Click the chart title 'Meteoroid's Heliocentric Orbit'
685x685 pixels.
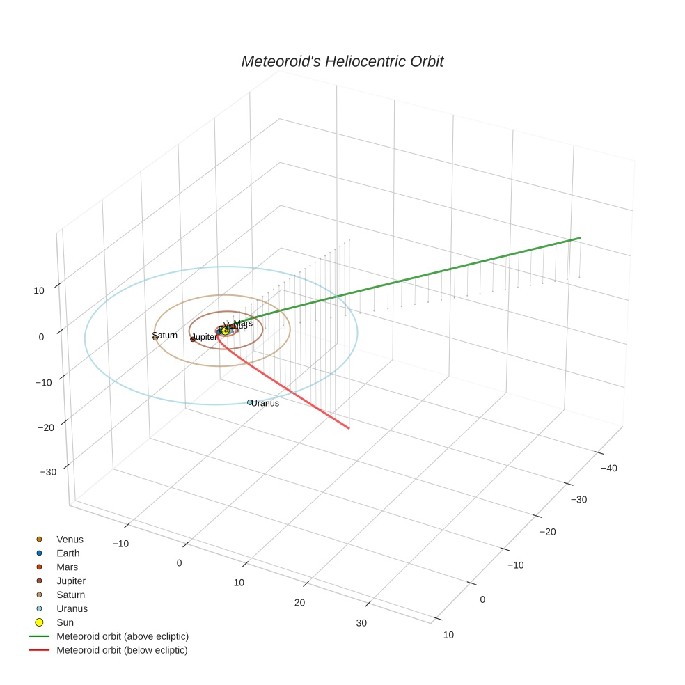pyautogui.click(x=342, y=61)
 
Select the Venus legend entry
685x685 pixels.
pyautogui.click(x=70, y=540)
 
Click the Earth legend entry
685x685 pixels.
pyautogui.click(x=68, y=553)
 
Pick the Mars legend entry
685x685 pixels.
pyautogui.click(x=67, y=567)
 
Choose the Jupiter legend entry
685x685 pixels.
pyautogui.click(x=71, y=581)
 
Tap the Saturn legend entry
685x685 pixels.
pyautogui.click(x=70, y=595)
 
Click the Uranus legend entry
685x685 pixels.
pyautogui.click(x=72, y=608)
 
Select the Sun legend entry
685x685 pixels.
pyautogui.click(x=65, y=622)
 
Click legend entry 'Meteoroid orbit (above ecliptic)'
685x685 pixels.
pyautogui.click(x=122, y=636)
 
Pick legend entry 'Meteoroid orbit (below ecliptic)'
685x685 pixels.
pyautogui.click(x=122, y=650)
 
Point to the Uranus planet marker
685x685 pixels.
pyautogui.click(x=250, y=402)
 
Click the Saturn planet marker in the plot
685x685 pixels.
pyautogui.click(x=155, y=337)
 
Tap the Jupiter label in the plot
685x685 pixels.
pyautogui.click(x=205, y=337)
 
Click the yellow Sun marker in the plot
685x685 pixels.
pyautogui.click(x=225, y=331)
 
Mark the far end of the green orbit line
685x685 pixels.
pyautogui.click(x=580, y=238)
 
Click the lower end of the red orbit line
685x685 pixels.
pyautogui.click(x=349, y=427)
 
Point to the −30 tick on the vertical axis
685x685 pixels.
pyautogui.click(x=49, y=472)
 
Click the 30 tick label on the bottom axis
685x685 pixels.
pyautogui.click(x=361, y=623)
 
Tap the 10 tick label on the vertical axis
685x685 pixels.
pyautogui.click(x=39, y=290)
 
